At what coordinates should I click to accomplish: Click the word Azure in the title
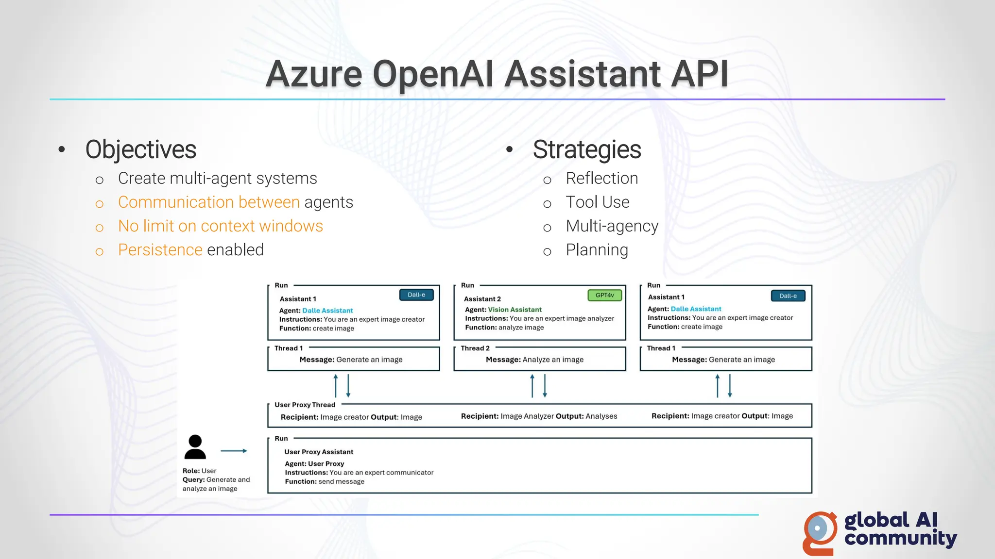coord(314,75)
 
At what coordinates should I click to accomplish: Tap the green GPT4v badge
coord(604,295)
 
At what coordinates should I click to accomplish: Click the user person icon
coord(195,447)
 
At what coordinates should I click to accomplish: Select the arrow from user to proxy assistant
coord(234,451)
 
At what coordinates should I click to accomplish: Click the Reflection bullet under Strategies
coord(601,179)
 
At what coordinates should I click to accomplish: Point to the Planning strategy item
coord(597,250)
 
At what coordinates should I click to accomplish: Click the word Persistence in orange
coord(160,250)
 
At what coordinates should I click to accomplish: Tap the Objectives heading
coord(140,149)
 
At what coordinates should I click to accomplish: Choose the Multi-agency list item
coord(612,226)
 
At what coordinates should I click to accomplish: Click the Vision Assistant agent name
coord(515,310)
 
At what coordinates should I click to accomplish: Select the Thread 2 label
coord(475,348)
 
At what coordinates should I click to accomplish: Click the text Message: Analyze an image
coord(534,360)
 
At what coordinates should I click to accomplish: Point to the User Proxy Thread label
coord(305,405)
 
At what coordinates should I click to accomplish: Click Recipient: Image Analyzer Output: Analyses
coord(539,416)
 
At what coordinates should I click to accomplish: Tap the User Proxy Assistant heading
coord(318,452)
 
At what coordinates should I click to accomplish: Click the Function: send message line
coord(324,481)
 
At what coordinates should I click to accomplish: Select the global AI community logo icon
coord(820,532)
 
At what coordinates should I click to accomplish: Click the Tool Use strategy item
coord(597,202)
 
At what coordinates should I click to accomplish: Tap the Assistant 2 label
coord(482,299)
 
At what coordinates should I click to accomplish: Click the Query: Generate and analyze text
coord(216,484)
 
